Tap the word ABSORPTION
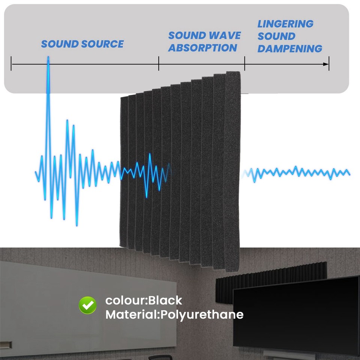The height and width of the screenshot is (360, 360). click(x=202, y=48)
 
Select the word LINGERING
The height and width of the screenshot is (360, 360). click(x=285, y=24)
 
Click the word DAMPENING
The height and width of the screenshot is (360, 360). click(x=289, y=49)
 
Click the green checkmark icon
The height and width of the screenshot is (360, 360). click(x=88, y=305)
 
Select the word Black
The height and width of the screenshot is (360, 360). click(x=165, y=300)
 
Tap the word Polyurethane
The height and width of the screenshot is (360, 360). click(x=202, y=314)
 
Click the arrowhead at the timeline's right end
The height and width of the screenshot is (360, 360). click(x=327, y=64)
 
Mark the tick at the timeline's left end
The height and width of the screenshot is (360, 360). click(x=12, y=63)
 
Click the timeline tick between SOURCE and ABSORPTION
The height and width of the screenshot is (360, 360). click(x=159, y=63)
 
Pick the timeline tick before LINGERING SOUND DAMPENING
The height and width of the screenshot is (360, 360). click(x=245, y=63)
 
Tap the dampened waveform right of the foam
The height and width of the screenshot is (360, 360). click(x=296, y=172)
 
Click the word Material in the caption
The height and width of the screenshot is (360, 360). click(x=131, y=314)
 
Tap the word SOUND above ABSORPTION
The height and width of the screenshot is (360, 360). click(x=186, y=36)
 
